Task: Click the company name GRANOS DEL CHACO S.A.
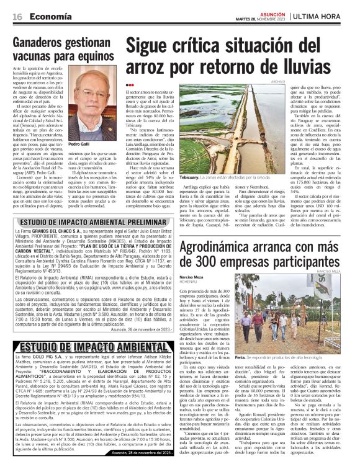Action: [x=63, y=231]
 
